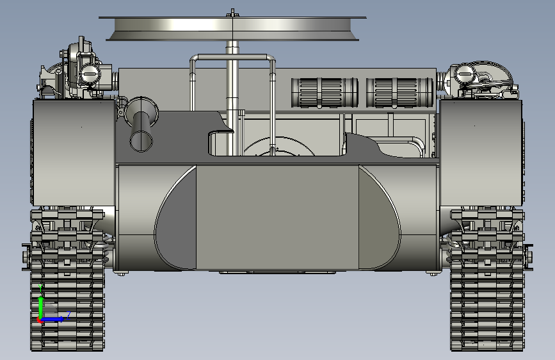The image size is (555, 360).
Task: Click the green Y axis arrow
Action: coord(40,300)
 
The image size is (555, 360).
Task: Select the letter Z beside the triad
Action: coord(68,314)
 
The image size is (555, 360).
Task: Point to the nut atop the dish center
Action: coord(233,12)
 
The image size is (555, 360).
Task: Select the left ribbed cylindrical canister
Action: coord(325,92)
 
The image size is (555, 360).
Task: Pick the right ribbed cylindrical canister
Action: coord(399,92)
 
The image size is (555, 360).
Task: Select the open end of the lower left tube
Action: coord(141,140)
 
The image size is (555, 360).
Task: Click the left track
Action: coord(68,282)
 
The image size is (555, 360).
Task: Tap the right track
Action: coord(487,282)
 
